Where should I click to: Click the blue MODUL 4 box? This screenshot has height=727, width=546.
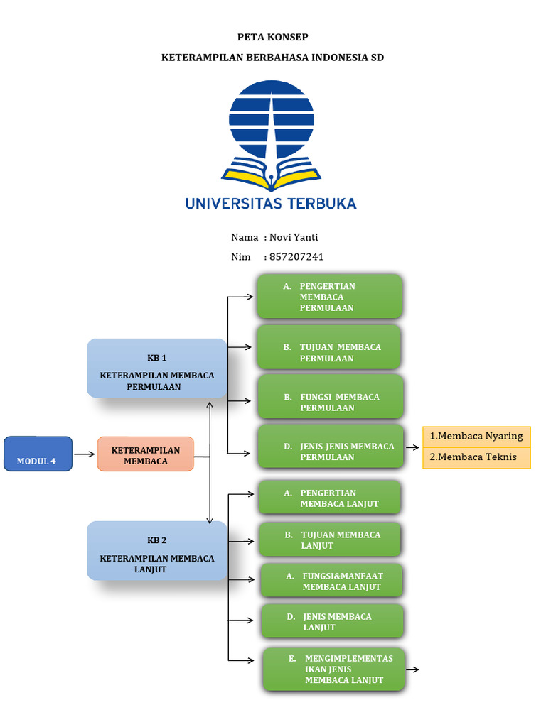[38, 454]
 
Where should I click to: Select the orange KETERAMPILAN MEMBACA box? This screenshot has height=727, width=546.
[145, 454]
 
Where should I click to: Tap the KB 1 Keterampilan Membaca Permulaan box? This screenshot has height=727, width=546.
[157, 368]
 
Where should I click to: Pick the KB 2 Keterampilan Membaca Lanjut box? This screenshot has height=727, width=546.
[157, 551]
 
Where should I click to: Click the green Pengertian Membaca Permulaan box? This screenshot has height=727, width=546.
[330, 296]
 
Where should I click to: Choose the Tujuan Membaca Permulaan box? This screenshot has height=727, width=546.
[328, 347]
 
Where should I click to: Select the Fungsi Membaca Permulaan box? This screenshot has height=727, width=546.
[331, 397]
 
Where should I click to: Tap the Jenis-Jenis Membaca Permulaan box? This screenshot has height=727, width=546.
[331, 446]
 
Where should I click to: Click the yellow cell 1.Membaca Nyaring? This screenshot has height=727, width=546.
[476, 437]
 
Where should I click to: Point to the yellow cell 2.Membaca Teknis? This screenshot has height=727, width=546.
[476, 458]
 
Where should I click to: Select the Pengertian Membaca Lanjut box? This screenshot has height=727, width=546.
[330, 498]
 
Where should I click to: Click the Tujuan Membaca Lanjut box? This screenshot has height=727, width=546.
[330, 540]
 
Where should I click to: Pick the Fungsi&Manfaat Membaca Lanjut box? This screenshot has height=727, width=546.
[331, 581]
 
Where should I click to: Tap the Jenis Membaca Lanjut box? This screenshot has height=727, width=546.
[333, 621]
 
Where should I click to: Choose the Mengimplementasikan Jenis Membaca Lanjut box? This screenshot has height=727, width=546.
[334, 669]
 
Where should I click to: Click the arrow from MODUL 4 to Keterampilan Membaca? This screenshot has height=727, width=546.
[85, 454]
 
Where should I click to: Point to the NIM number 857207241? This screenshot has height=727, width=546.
[296, 257]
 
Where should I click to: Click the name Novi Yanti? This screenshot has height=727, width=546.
[294, 237]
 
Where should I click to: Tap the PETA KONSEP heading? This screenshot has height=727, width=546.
[272, 37]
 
